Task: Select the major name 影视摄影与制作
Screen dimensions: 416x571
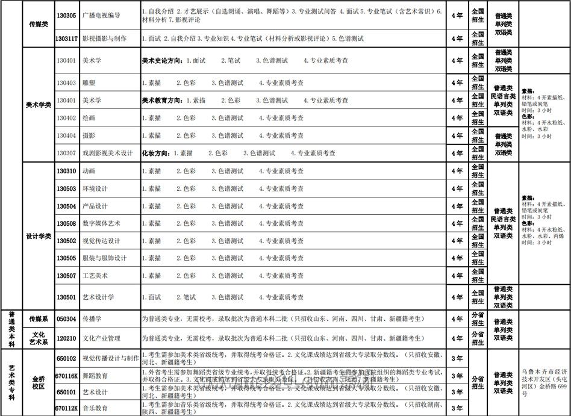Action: (x=104, y=39)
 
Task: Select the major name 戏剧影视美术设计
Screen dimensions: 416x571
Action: (x=107, y=153)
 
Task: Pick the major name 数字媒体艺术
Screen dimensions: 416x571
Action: (x=101, y=223)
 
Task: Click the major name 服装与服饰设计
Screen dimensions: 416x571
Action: (x=104, y=258)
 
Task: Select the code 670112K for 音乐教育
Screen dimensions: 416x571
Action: (x=66, y=408)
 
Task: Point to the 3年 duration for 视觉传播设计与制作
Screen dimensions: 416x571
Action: (x=457, y=358)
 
